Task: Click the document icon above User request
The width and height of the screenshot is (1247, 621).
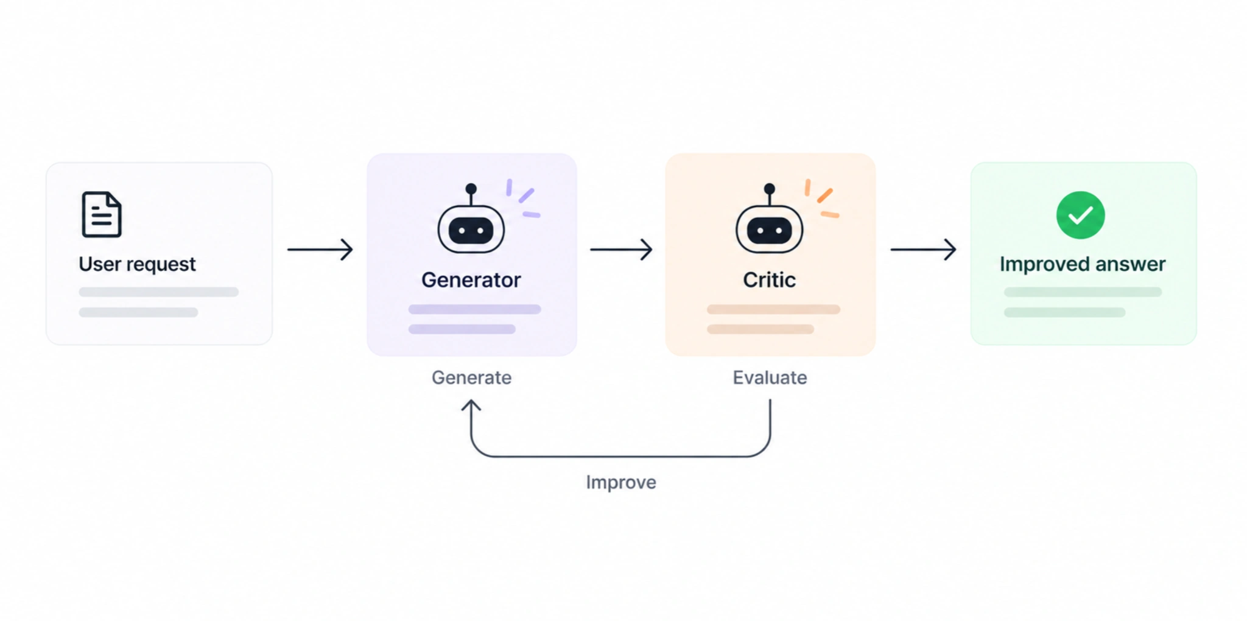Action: click(x=102, y=214)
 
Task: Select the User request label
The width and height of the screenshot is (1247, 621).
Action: click(x=137, y=264)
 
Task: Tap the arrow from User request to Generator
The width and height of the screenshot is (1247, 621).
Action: click(x=320, y=249)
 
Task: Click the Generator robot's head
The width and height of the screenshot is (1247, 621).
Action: click(x=471, y=230)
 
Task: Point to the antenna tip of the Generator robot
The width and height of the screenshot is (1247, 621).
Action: click(x=471, y=189)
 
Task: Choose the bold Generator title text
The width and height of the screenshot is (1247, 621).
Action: click(x=471, y=280)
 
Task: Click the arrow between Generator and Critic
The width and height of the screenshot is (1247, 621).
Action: click(x=621, y=249)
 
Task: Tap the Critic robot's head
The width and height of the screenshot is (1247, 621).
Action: click(x=770, y=230)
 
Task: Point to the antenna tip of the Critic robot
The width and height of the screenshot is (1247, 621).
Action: click(x=770, y=189)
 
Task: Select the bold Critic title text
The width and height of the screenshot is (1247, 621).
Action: click(x=769, y=280)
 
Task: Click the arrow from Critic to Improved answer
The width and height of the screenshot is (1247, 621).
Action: click(x=923, y=249)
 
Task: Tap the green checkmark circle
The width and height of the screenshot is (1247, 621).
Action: click(x=1081, y=215)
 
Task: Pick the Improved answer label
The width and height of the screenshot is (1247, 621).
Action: click(x=1083, y=264)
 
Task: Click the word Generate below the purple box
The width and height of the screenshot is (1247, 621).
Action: click(x=471, y=377)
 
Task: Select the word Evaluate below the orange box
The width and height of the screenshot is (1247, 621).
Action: click(x=770, y=377)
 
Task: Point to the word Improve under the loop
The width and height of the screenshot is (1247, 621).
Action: click(x=621, y=482)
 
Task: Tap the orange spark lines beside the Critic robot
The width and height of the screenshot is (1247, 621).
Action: click(x=821, y=198)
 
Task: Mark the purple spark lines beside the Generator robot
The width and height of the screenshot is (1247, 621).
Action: click(x=523, y=198)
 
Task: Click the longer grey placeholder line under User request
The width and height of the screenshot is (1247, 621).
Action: click(x=158, y=292)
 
